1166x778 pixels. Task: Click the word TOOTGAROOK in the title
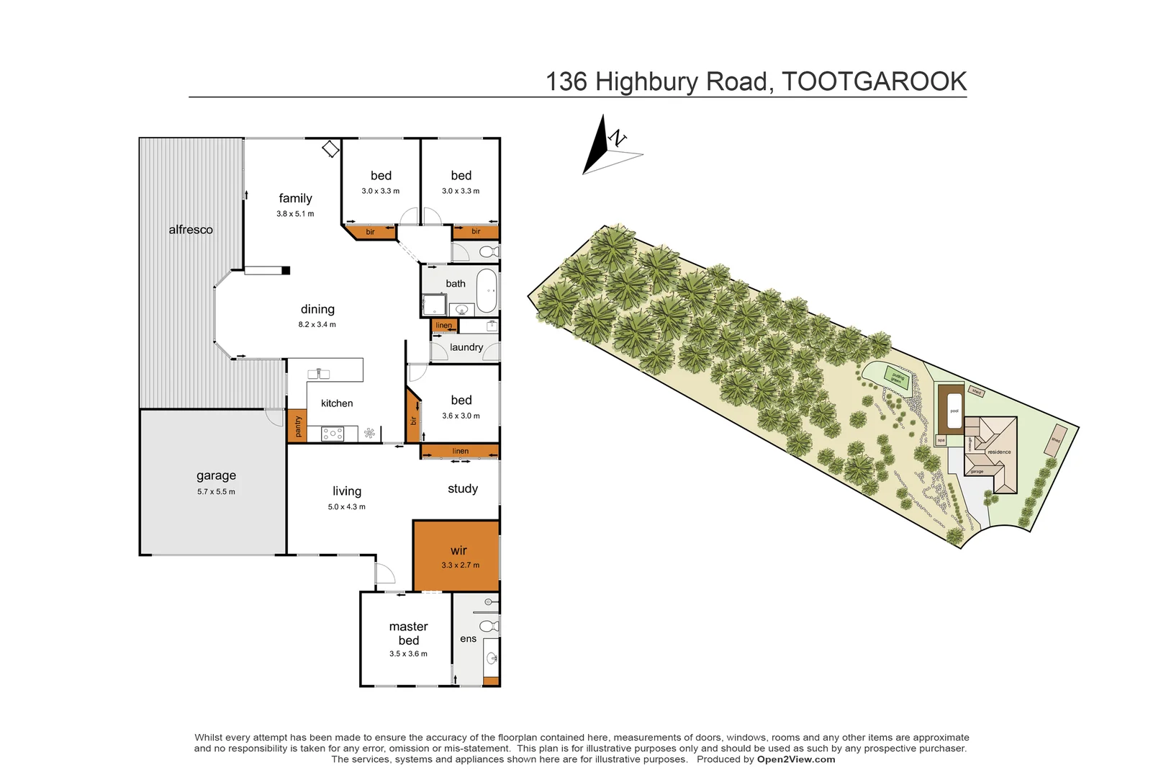tap(874, 81)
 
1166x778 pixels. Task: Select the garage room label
tap(216, 475)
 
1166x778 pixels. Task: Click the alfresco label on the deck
tap(191, 230)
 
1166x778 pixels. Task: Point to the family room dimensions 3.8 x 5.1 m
tap(295, 214)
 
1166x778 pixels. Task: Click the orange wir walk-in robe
tap(456, 555)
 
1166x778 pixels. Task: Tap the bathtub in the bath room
tap(487, 291)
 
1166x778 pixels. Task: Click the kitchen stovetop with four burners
tap(333, 434)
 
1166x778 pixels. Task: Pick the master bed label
tap(408, 633)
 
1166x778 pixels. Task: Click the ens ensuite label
tap(468, 639)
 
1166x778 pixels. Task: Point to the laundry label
tap(466, 347)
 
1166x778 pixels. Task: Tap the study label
tap(463, 488)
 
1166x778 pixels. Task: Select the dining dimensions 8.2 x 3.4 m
tap(317, 325)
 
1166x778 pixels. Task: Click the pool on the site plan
tap(954, 411)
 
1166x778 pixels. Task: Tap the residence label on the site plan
tap(999, 452)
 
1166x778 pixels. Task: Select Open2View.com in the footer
tap(796, 759)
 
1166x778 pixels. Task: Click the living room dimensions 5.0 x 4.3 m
tap(347, 507)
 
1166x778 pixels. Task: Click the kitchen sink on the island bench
tap(318, 373)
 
